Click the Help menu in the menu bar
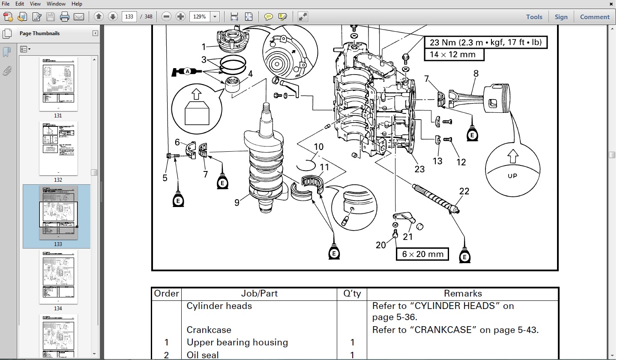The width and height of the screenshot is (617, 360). [77, 4]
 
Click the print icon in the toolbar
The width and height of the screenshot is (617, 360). [65, 17]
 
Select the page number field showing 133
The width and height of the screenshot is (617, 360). [129, 17]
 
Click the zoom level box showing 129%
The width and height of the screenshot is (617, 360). [201, 17]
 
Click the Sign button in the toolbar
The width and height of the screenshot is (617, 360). [561, 17]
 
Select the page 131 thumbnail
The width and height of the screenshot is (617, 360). [58, 84]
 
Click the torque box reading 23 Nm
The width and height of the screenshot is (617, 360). [486, 42]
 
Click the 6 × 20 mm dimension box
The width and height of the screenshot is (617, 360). [422, 254]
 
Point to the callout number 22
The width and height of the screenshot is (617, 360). [464, 192]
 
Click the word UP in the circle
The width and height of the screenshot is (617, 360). [512, 176]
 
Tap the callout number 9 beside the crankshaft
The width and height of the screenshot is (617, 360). [237, 202]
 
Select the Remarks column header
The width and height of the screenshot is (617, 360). [463, 294]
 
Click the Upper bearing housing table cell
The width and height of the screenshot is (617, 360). [237, 342]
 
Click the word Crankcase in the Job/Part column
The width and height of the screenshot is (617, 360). [209, 330]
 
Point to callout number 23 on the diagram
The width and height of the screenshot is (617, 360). [419, 169]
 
